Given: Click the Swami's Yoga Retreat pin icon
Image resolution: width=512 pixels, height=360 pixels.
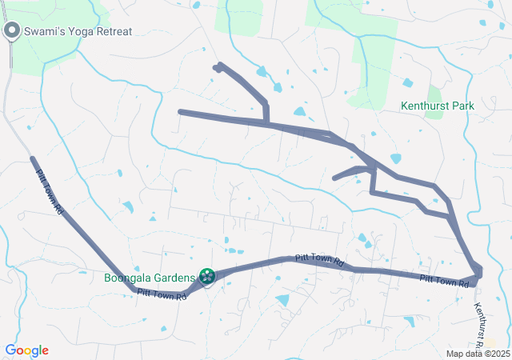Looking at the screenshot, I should (x=12, y=31).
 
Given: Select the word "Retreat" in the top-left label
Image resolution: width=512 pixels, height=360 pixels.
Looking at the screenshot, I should (x=114, y=31).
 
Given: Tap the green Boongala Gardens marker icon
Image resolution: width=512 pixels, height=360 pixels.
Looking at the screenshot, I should (x=207, y=277).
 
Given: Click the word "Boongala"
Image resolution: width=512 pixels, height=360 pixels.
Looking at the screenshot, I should (x=128, y=278).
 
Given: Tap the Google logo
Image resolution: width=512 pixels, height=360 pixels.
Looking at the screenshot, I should (x=27, y=350).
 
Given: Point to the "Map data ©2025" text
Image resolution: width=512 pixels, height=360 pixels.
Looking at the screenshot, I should (x=478, y=354).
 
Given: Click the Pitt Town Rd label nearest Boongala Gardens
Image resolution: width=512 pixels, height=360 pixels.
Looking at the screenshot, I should (x=162, y=294).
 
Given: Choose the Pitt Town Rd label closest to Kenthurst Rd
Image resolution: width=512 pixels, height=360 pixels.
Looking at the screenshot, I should (x=444, y=280).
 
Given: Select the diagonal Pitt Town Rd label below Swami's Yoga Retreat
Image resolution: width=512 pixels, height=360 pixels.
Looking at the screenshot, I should (x=49, y=185).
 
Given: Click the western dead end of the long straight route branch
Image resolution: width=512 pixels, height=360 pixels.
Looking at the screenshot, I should (x=181, y=112).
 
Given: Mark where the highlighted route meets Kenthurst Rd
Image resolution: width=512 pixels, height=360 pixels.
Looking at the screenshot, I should (x=478, y=276).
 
